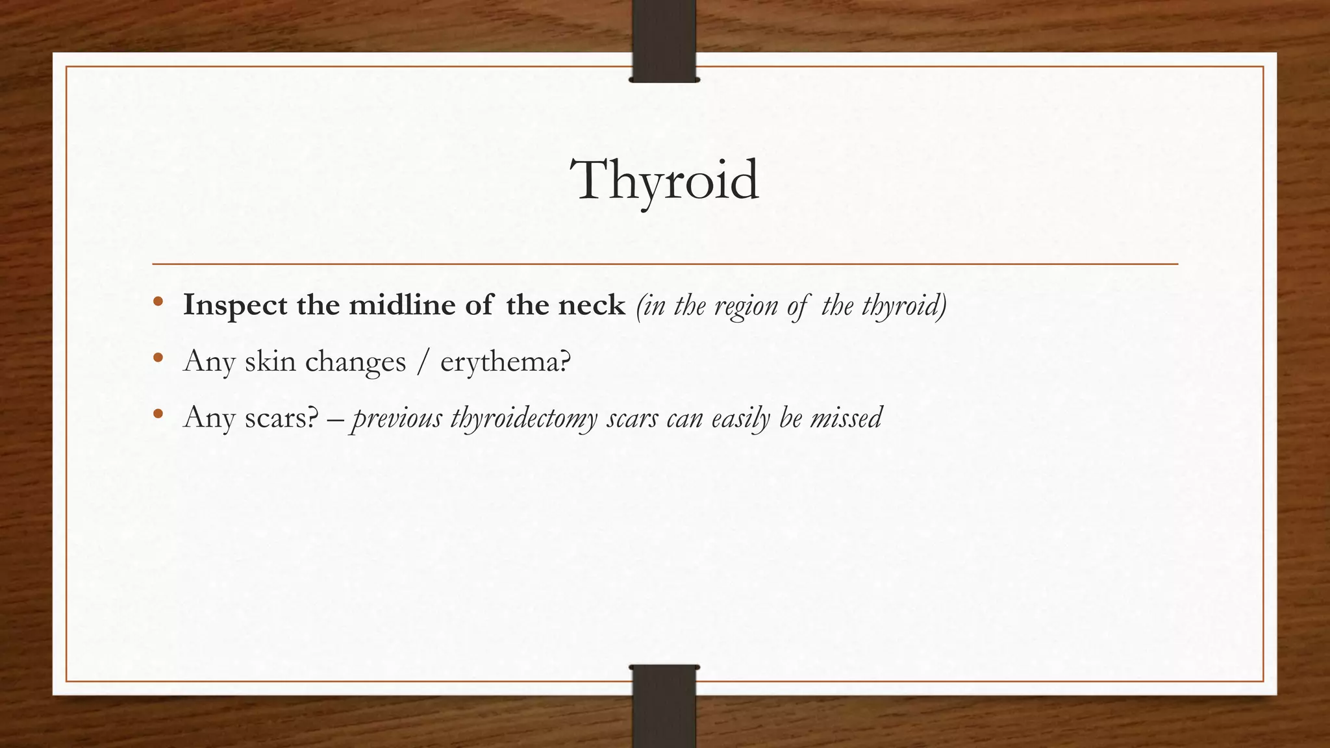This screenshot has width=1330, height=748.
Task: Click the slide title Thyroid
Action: click(664, 181)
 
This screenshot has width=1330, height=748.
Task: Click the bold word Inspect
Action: click(235, 305)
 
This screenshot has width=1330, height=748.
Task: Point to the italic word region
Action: click(746, 305)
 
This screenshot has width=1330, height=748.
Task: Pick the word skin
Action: click(269, 361)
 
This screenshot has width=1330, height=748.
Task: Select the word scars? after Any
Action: click(281, 418)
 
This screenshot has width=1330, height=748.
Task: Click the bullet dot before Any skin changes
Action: click(158, 358)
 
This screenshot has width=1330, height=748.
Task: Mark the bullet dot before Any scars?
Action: click(158, 414)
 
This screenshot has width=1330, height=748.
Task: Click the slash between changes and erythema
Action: click(423, 361)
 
